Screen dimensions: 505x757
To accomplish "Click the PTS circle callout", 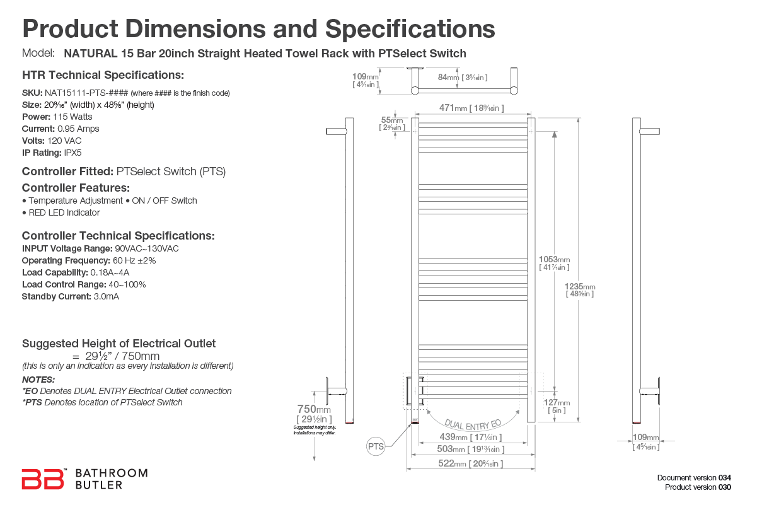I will coord(376,447).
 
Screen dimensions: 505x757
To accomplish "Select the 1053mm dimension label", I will coord(554,260).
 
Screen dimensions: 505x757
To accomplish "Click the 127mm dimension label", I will coord(557,403).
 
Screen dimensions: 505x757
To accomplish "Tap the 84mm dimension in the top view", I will coord(451,77).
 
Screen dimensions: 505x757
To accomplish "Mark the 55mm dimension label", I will coord(392,120).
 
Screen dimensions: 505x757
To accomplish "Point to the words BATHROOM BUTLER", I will coord(111,479).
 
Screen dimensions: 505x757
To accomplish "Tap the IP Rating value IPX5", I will coord(72,153).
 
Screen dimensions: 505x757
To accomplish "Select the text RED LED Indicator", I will coord(64,212).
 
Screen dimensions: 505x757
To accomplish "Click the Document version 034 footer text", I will coord(694,478).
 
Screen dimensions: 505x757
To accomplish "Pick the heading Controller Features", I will coord(76,188).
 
